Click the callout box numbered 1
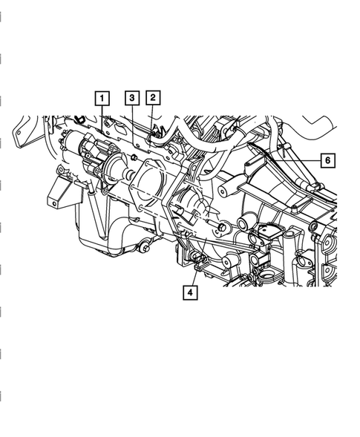[x=102, y=98]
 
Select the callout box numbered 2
[x=153, y=97]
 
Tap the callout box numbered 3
[x=132, y=98]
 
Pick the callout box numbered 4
[x=190, y=292]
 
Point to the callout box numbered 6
[x=327, y=160]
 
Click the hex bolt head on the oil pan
[x=145, y=248]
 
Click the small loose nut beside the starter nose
[x=134, y=158]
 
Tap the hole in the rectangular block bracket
[x=54, y=204]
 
